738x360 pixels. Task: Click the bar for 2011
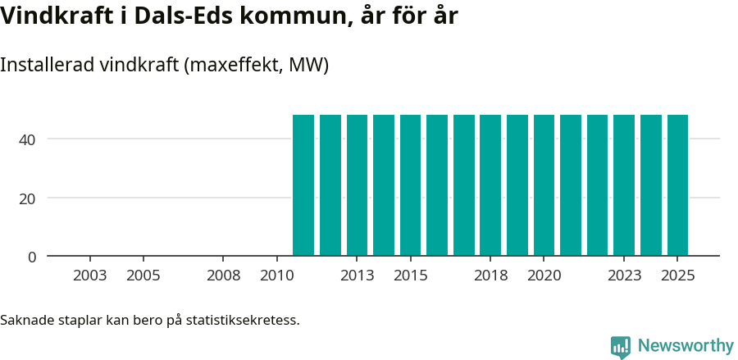[303, 185]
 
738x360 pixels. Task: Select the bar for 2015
[410, 185]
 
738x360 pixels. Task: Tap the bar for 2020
[544, 185]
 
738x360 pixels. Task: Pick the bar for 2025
[677, 185]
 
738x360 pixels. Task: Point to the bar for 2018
[490, 185]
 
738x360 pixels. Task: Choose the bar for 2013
[357, 185]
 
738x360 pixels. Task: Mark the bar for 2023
[624, 185]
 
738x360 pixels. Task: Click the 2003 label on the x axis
[90, 276]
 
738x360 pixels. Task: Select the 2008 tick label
[224, 276]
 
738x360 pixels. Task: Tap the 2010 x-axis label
[277, 276]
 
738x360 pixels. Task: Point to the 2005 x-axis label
[143, 276]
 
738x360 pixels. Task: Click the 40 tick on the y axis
[28, 139]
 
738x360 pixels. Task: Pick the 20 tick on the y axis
[28, 198]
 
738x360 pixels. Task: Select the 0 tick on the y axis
[32, 257]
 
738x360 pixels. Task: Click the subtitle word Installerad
[46, 65]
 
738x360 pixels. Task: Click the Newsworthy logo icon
[621, 347]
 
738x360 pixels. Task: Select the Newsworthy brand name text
[686, 346]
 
